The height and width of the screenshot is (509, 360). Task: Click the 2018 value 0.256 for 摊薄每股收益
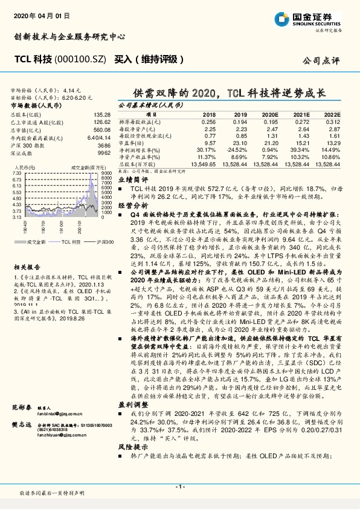coord(208,122)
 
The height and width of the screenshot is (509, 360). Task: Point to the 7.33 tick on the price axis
coord(16,173)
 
